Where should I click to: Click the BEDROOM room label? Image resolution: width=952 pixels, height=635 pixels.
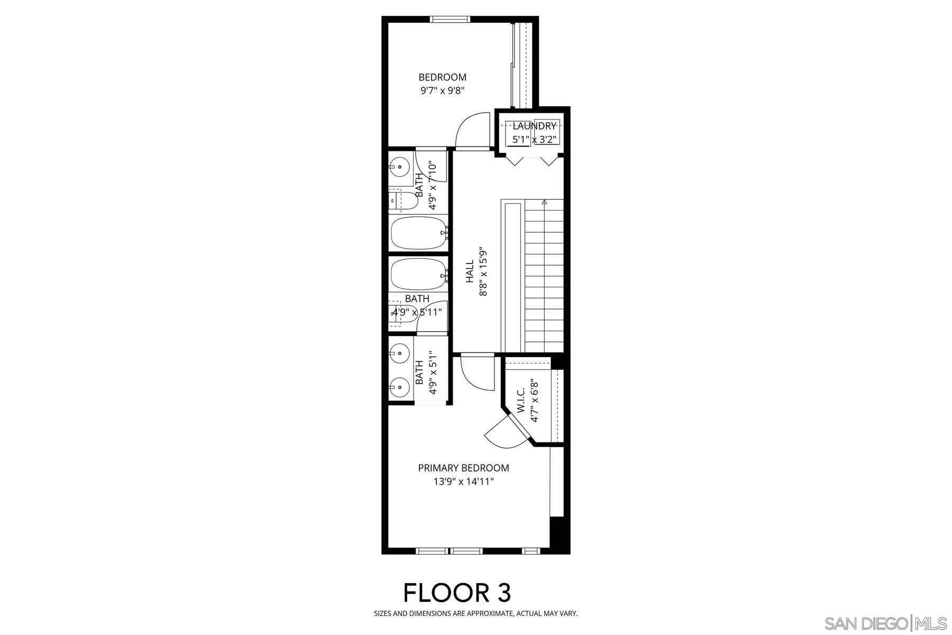pos(442,77)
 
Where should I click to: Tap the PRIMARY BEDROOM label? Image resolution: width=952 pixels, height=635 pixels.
pos(463,468)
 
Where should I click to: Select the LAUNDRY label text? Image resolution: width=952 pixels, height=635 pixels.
pos(534,126)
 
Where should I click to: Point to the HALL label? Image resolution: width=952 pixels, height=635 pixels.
pos(470,271)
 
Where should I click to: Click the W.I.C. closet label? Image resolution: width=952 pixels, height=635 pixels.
pos(521,401)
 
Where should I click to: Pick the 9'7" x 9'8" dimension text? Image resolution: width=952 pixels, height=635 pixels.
pos(442,90)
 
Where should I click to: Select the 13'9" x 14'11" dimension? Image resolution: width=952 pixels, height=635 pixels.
pos(463,482)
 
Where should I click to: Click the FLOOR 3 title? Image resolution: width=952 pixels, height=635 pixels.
pos(457,592)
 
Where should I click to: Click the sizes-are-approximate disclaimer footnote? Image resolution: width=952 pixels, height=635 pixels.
pos(475,614)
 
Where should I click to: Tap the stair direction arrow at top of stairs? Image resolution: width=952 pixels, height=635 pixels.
pos(544,202)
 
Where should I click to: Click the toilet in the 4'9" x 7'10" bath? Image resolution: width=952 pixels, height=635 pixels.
pos(403,201)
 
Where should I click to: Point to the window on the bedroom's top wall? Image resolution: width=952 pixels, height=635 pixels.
pos(450,20)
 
